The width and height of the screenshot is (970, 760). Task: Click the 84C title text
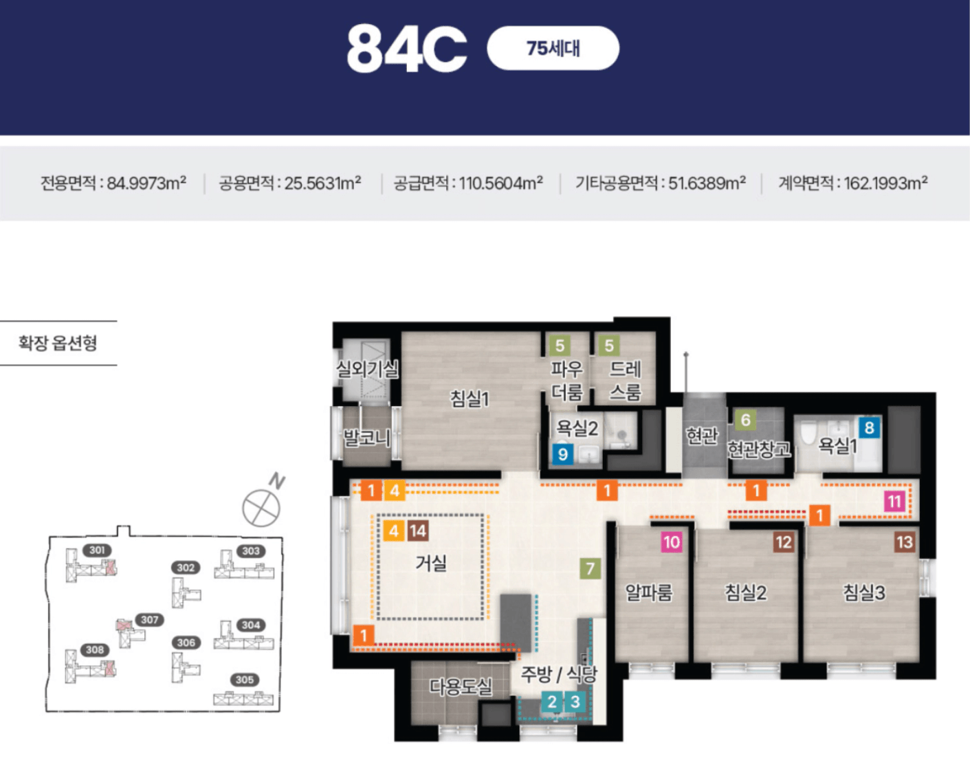point(407,48)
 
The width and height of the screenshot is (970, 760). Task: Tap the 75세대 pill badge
point(553,48)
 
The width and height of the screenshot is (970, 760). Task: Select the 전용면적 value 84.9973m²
point(146,183)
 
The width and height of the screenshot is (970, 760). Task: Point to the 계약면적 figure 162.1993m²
point(885,183)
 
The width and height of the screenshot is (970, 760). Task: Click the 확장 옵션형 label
point(58,342)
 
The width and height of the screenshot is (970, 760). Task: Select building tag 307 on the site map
point(149,620)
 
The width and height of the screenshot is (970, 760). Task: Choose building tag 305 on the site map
point(245,680)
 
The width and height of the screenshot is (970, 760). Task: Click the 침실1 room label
point(470,399)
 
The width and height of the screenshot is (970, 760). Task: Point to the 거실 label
point(431,563)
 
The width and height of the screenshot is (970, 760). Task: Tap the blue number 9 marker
point(563,454)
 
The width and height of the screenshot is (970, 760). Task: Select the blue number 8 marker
point(869,427)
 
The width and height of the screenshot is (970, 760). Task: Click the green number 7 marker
point(590,569)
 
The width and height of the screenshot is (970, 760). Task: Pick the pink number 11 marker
point(894,502)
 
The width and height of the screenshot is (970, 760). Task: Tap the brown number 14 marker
point(418,531)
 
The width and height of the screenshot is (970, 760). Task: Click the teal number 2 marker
point(552,702)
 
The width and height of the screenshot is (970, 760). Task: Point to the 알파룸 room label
point(648,593)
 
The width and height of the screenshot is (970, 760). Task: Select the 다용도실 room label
point(461,687)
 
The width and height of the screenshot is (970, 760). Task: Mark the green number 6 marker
point(745,420)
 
